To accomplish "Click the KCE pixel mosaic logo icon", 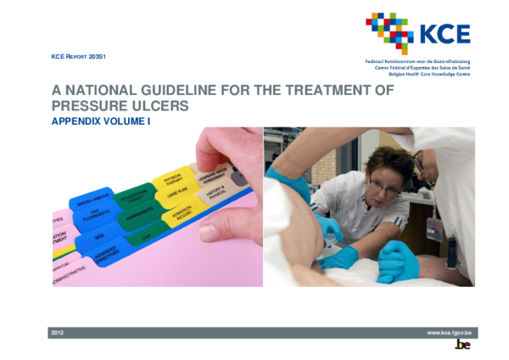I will click(x=389, y=32).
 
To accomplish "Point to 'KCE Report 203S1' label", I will click(x=83, y=56).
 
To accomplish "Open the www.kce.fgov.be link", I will click(x=449, y=333).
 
